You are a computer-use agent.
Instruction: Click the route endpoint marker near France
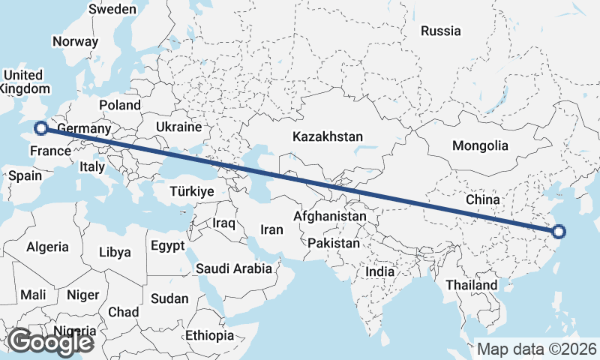[41, 128]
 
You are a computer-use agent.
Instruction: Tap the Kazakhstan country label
[328, 137]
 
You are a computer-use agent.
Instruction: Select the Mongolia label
[480, 146]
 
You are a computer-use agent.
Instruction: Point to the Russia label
[440, 31]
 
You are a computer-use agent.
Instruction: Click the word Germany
[84, 128]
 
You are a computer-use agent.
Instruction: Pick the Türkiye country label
[192, 192]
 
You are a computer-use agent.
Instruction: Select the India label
[379, 272]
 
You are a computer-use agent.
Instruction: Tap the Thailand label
[471, 285]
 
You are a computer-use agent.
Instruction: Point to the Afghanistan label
[330, 217]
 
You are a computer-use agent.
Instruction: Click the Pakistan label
[334, 244]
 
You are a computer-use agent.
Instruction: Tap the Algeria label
[47, 247]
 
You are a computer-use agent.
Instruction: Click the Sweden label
[112, 10]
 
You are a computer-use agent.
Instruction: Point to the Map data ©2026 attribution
[537, 349]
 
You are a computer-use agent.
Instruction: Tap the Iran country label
[271, 229]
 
